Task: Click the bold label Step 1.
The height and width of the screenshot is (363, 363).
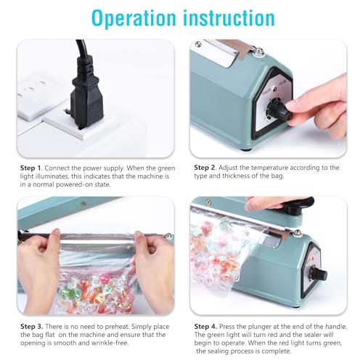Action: pos(33,168)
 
